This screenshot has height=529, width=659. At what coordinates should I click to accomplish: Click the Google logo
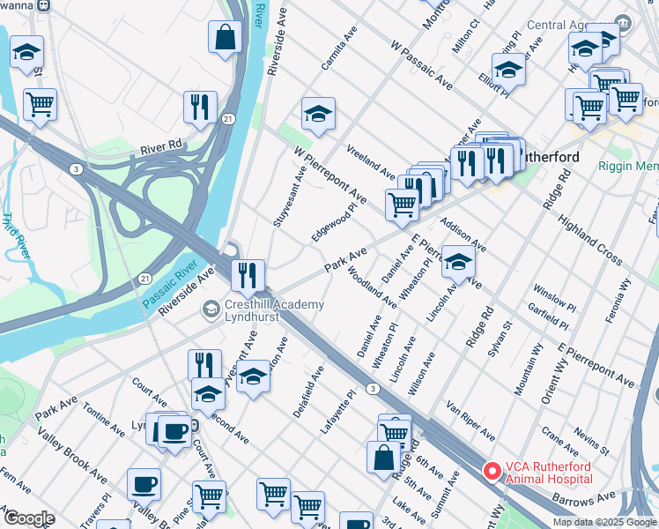tap(28, 518)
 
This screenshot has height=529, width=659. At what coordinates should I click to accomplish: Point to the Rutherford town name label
tap(552, 157)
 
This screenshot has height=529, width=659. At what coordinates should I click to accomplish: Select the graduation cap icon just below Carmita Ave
tap(318, 114)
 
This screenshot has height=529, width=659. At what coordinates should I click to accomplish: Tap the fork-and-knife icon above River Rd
tap(201, 108)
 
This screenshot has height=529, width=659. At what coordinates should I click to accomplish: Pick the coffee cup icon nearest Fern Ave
tap(144, 484)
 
